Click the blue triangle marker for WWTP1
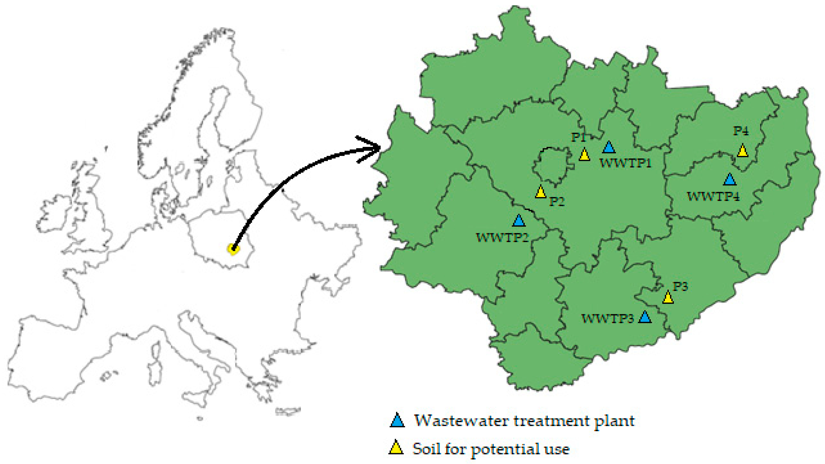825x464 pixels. [x=609, y=147]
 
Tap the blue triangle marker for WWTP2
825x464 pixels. [x=519, y=221]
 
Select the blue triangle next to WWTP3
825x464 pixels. [x=645, y=317]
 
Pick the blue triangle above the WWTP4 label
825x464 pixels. [x=730, y=180]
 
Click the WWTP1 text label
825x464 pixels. [x=625, y=163]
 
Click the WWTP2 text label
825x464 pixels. [x=502, y=238]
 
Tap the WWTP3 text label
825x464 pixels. [x=607, y=319]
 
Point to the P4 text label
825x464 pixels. [x=741, y=131]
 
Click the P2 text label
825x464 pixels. [x=557, y=202]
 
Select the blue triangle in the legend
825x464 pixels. [x=397, y=420]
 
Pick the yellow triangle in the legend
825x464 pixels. [x=396, y=447]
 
